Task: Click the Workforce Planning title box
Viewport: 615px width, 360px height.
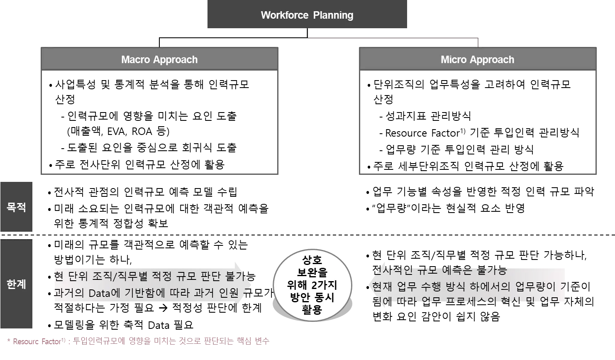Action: (x=307, y=15)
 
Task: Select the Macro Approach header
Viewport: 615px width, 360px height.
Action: (x=159, y=59)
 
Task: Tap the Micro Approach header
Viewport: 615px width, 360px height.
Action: (x=477, y=59)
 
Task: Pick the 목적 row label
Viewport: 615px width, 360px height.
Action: (x=17, y=207)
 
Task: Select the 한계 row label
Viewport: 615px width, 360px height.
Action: (x=17, y=284)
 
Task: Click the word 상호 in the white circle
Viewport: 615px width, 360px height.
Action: (x=312, y=260)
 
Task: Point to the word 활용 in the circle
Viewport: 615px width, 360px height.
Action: (x=312, y=310)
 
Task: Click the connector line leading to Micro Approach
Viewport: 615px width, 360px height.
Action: (x=394, y=38)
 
